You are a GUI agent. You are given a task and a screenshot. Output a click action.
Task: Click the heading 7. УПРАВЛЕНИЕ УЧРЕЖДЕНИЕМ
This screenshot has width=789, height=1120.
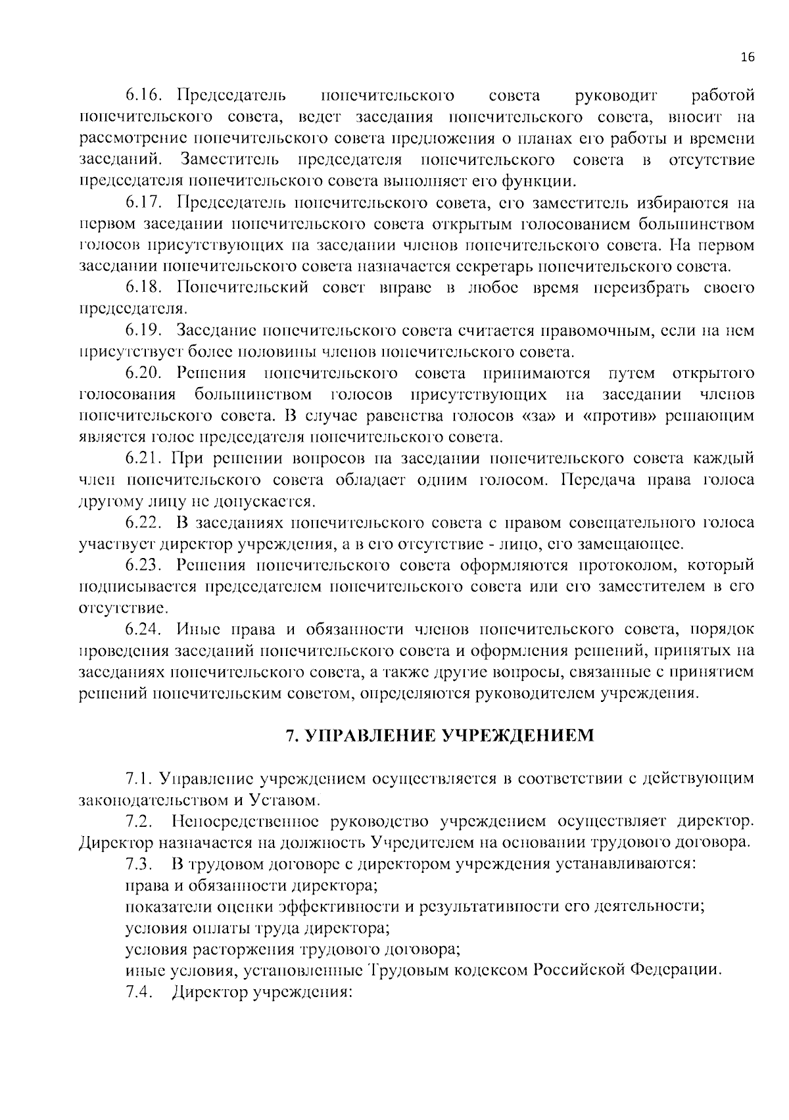point(440,735)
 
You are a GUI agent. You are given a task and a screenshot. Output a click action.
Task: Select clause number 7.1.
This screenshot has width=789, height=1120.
point(139,779)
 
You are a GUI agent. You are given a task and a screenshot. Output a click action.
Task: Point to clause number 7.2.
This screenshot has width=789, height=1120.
point(139,822)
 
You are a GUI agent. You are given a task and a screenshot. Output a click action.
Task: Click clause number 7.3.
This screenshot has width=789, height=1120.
point(139,864)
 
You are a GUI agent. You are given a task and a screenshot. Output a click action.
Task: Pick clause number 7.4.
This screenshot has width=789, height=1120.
point(139,992)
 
